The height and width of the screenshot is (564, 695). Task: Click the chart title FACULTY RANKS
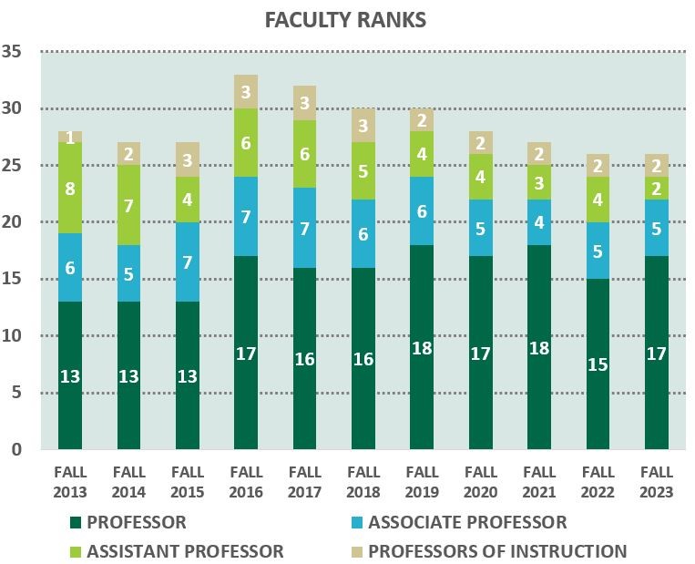(345, 20)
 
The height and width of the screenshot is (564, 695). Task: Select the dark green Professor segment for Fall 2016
(246, 352)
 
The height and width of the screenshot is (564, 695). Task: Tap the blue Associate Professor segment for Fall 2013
(70, 268)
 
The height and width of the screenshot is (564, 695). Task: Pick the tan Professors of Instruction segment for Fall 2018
(363, 125)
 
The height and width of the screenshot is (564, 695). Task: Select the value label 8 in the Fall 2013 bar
(70, 188)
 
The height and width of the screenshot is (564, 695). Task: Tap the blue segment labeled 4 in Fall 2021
(539, 221)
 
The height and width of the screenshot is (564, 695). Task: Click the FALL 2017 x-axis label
(304, 483)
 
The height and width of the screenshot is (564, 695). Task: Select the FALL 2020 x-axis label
(481, 483)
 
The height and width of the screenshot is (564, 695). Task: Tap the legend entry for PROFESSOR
(128, 523)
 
